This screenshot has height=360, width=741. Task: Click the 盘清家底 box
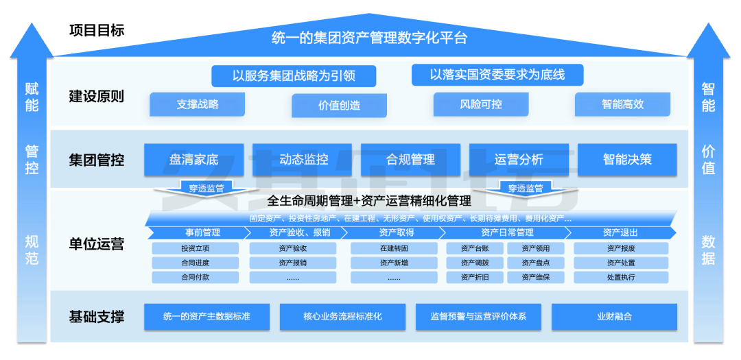tap(194, 160)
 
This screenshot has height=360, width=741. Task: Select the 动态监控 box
tap(303, 160)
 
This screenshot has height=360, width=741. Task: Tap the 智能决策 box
tap(627, 160)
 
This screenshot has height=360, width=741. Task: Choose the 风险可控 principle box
tap(481, 105)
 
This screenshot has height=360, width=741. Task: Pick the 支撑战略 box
tap(198, 105)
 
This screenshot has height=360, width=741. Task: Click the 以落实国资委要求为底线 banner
tap(497, 75)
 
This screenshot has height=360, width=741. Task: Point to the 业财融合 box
tap(614, 317)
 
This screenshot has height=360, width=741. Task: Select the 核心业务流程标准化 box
tap(342, 317)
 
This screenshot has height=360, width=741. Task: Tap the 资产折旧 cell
tap(475, 277)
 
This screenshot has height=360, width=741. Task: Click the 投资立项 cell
tap(195, 248)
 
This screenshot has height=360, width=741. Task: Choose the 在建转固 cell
tap(394, 248)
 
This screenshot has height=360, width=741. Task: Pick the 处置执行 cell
tap(620, 277)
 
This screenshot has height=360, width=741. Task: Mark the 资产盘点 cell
tap(536, 263)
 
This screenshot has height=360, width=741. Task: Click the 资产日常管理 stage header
tap(507, 232)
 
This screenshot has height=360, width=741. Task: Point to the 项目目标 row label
tap(97, 31)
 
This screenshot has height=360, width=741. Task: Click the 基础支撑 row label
tap(97, 317)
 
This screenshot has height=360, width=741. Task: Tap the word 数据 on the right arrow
tap(708, 250)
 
